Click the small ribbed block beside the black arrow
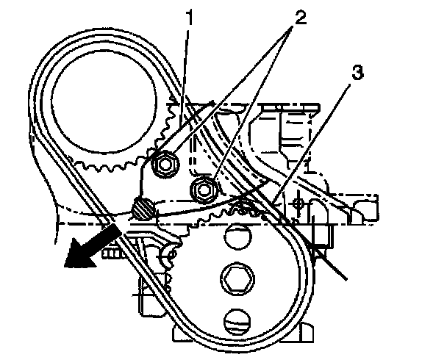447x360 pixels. point(112,254)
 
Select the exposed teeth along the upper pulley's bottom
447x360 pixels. point(110,166)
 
